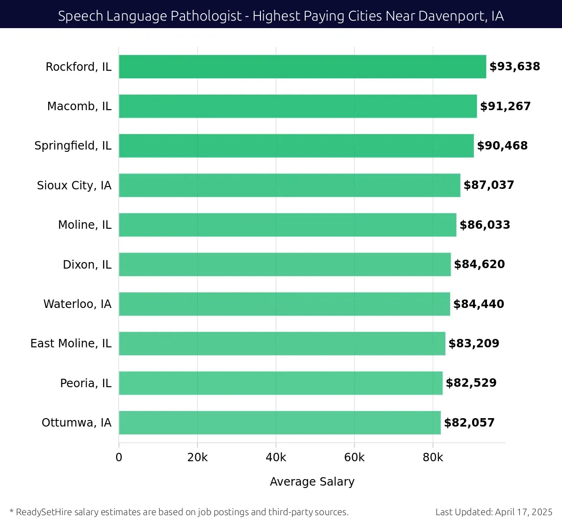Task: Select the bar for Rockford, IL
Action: (x=302, y=67)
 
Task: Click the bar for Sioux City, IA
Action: (x=289, y=185)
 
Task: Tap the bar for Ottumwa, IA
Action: (x=280, y=422)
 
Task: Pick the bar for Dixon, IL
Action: (x=285, y=264)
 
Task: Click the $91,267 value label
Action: (x=505, y=106)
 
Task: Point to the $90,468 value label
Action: (x=502, y=146)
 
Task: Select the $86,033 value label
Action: (x=485, y=225)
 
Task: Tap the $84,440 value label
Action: (x=479, y=304)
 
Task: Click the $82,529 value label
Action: (x=471, y=383)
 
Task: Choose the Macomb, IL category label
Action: (x=79, y=106)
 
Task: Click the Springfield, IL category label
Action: (x=73, y=146)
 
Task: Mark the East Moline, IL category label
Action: (x=71, y=344)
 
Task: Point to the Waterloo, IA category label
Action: (x=77, y=304)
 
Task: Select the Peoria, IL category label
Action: (x=86, y=383)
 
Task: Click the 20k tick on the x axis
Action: (x=197, y=457)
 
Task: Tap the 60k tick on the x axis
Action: (x=354, y=457)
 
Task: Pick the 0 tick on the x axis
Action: (x=119, y=457)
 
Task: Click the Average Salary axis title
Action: (x=312, y=481)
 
